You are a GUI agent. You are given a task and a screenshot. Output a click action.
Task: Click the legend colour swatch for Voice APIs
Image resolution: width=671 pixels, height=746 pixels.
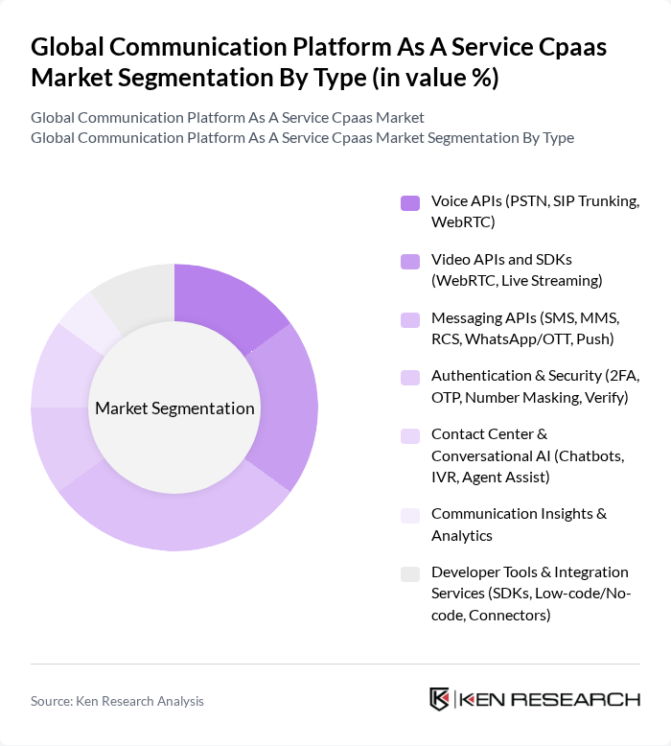(410, 202)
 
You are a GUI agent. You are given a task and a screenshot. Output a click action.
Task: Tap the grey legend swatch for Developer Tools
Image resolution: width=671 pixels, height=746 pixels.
(410, 573)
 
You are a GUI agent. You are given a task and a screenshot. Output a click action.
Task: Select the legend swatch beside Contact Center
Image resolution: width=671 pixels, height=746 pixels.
(410, 435)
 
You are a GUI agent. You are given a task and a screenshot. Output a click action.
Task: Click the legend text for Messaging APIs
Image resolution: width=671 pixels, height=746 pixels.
(525, 328)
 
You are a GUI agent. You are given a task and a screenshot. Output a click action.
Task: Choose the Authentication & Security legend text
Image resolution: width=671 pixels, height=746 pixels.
(530, 385)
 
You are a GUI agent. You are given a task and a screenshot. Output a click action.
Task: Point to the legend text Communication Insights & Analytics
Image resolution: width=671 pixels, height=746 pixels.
(519, 524)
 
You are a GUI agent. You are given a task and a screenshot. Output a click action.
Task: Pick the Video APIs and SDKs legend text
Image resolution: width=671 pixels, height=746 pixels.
(517, 270)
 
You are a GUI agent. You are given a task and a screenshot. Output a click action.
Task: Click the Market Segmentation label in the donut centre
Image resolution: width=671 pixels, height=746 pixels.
(174, 408)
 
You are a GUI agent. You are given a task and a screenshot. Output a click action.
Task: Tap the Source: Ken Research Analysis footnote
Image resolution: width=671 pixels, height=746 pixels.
(117, 701)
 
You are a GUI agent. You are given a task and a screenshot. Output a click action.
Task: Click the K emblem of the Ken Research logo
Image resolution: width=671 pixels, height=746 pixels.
(440, 699)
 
